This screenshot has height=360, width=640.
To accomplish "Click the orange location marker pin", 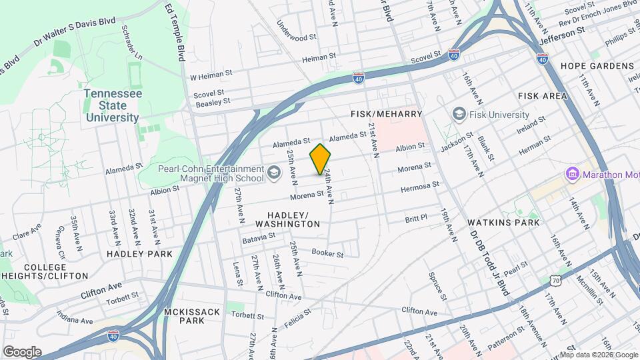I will (x=321, y=159).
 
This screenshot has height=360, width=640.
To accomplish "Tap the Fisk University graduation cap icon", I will (x=459, y=115).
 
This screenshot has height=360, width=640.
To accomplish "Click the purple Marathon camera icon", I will (x=571, y=175).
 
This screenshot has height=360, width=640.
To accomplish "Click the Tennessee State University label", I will (x=112, y=105).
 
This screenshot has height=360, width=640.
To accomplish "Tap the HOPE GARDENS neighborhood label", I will (x=597, y=66).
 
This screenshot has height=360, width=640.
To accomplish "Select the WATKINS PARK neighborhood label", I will (x=503, y=222).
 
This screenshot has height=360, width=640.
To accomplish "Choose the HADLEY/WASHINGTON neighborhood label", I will (x=293, y=219).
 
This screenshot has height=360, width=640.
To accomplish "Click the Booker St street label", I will (x=327, y=253).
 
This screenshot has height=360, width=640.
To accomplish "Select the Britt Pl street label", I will (x=416, y=219).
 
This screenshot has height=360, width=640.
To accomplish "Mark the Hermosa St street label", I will (x=419, y=187).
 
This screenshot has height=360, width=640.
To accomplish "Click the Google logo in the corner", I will (x=22, y=351).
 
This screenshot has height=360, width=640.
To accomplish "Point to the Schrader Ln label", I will (x=131, y=43).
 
